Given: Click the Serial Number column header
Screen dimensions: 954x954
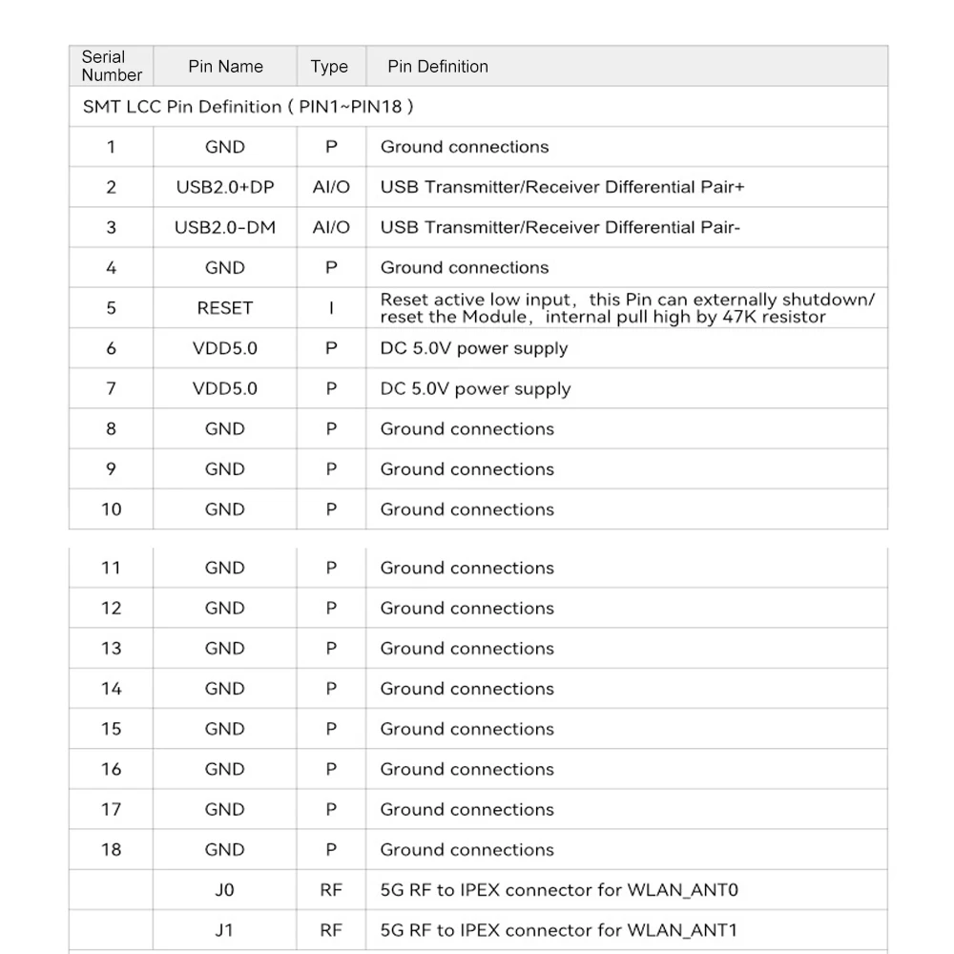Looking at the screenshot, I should (x=112, y=66).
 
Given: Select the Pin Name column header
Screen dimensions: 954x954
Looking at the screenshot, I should (x=225, y=67).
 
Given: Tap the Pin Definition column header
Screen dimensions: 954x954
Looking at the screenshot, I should (x=437, y=67).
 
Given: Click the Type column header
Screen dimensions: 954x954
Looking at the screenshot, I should (x=329, y=67).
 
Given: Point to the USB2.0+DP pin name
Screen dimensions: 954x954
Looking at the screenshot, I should (x=224, y=187).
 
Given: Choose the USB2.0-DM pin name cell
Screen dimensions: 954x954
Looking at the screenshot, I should (x=224, y=227).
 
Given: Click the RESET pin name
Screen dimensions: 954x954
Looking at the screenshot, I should (x=224, y=308).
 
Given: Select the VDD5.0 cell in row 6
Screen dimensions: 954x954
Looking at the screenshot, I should (x=224, y=348).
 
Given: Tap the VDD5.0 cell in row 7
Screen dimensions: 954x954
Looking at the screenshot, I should (x=224, y=388).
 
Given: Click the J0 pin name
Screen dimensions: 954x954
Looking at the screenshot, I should (x=224, y=890).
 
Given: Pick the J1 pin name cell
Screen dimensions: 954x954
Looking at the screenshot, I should (x=224, y=930).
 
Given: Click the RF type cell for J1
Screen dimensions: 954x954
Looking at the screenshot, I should (x=330, y=930).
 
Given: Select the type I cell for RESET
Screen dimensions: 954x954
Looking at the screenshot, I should (x=331, y=308).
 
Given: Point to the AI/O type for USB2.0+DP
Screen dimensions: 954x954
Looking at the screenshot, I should (x=331, y=187).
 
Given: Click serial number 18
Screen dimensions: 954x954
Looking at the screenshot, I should (x=112, y=849).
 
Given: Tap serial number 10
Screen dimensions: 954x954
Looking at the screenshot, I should (x=112, y=509).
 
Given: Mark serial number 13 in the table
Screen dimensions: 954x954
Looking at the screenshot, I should (x=112, y=649).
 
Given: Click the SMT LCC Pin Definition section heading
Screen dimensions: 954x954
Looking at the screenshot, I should (x=248, y=107).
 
